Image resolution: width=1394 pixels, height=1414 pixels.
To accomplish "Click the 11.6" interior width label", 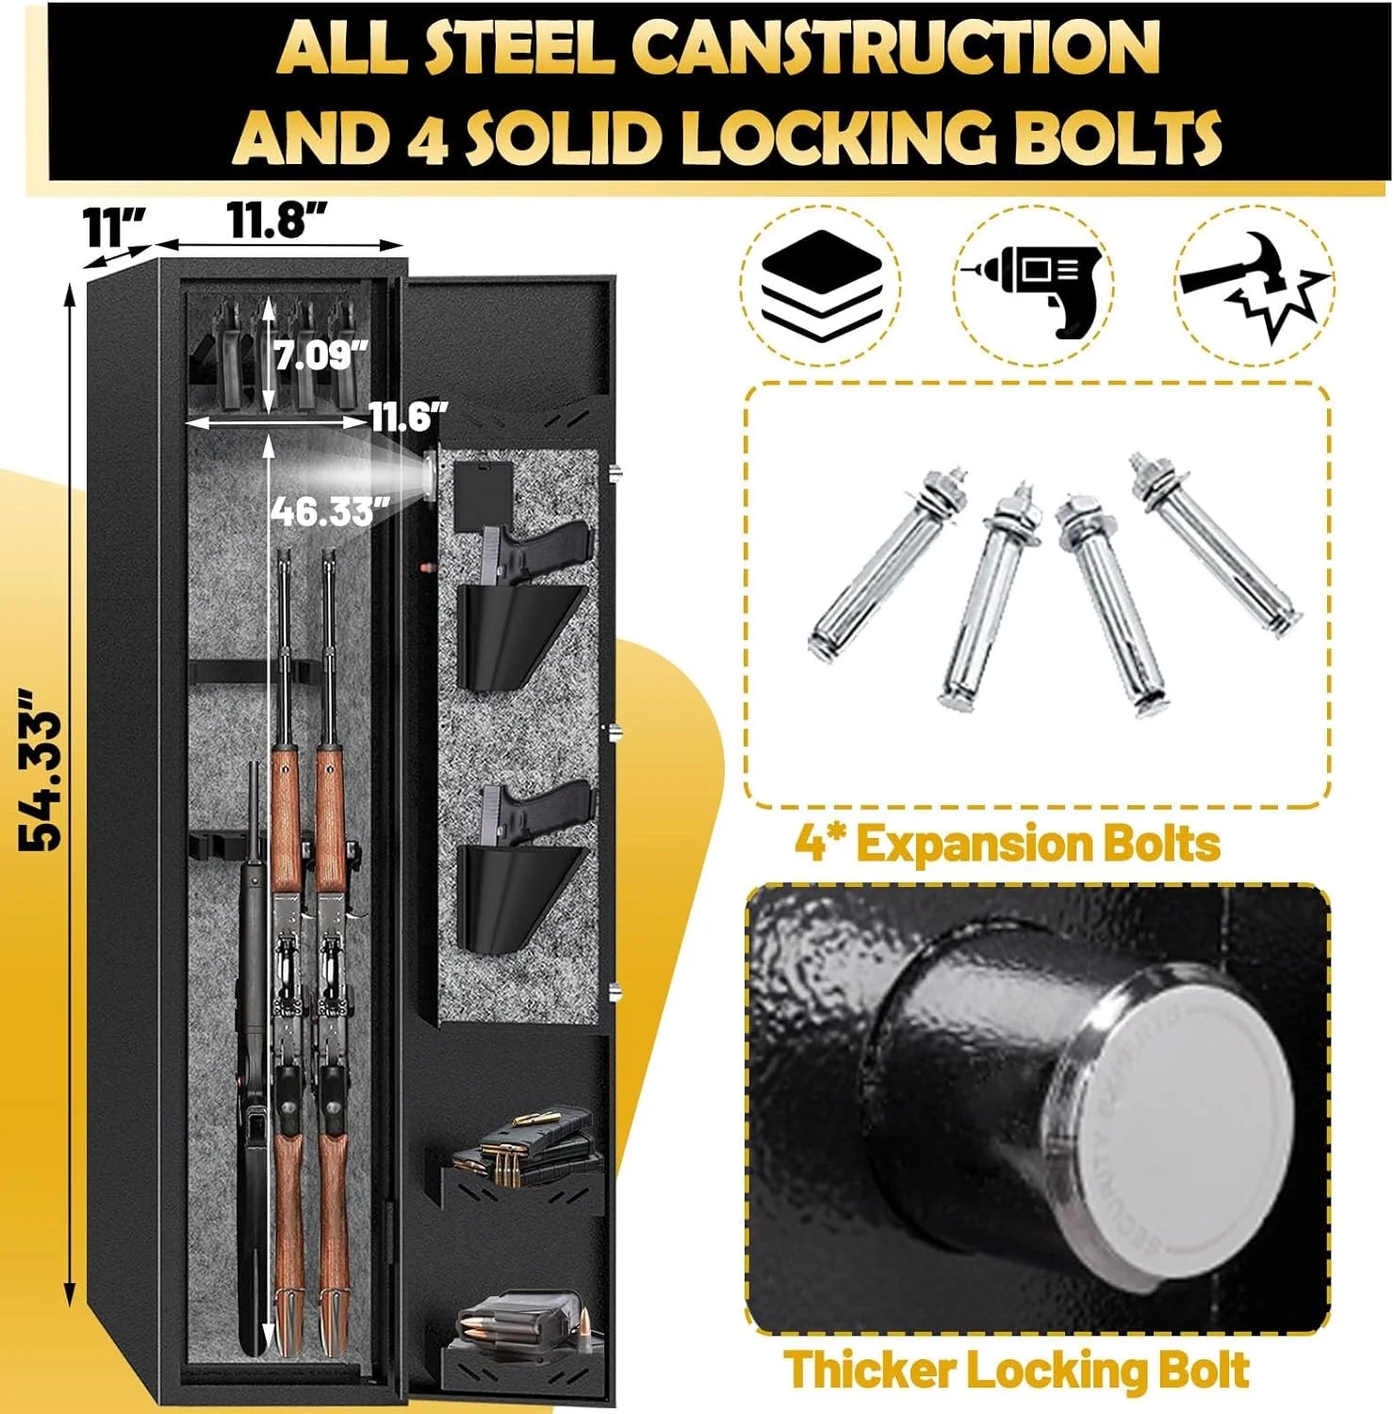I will point(407,417).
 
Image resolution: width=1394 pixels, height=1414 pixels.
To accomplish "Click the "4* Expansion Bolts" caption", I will point(1008,843).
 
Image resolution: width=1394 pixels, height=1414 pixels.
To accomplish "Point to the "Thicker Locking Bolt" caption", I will point(1017,1370).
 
